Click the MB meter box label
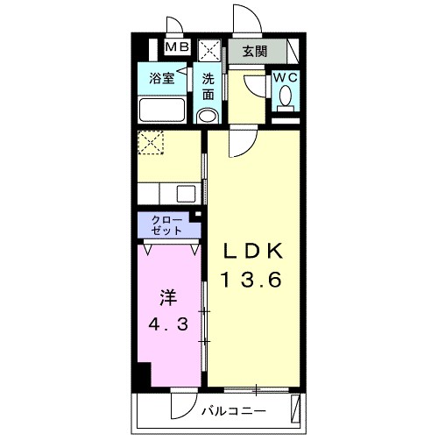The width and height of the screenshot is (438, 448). tap(178, 46)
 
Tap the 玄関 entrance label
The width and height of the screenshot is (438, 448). tap(255, 52)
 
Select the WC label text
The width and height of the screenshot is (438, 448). tap(286, 77)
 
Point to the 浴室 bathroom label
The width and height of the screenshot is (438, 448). tap(162, 78)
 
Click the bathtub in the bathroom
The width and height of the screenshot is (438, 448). tap(162, 110)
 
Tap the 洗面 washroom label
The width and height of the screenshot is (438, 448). tap(208, 87)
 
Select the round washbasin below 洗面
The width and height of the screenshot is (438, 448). tap(208, 117)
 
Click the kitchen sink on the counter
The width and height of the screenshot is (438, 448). tap(187, 194)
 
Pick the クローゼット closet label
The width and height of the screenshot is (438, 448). tap(167, 225)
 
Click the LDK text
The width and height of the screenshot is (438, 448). tap(253, 251)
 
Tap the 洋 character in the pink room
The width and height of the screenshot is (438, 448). tap(168, 298)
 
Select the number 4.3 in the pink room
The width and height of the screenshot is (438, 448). tap(167, 324)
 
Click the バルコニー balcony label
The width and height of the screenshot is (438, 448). tap(234, 411)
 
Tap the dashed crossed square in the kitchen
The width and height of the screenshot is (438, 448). tap(151, 142)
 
